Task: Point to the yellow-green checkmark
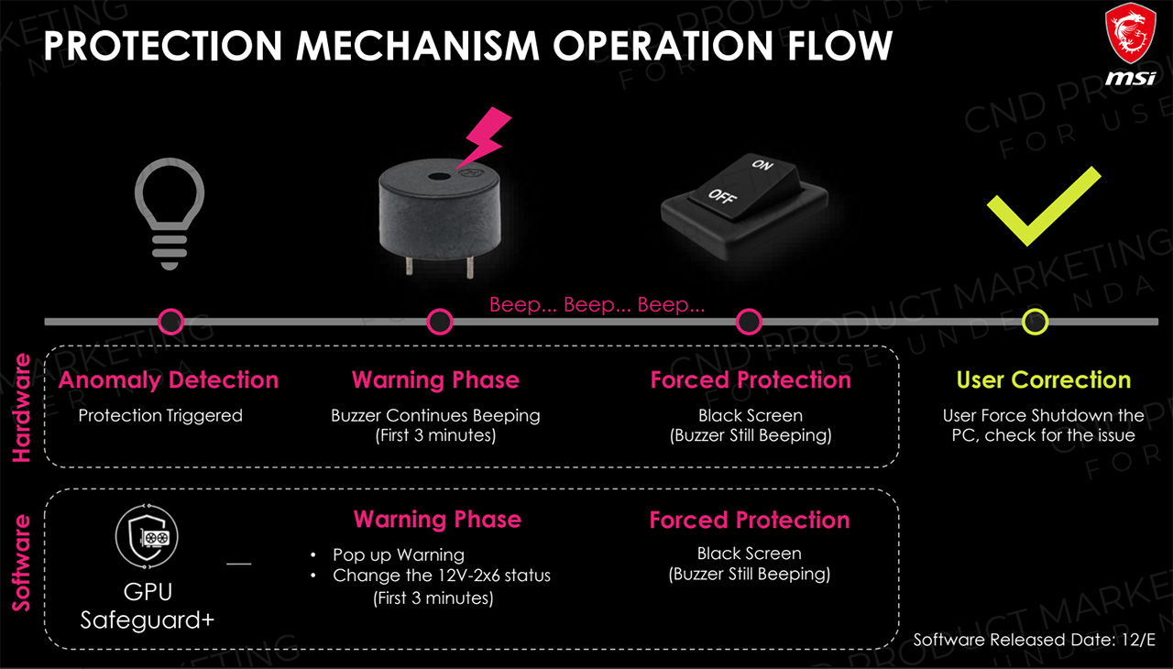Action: point(1042,205)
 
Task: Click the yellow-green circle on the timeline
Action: point(1036,322)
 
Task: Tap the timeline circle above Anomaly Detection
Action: point(171,322)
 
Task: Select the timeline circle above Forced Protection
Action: point(750,322)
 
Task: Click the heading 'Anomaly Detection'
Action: point(169,379)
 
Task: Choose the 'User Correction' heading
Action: point(1043,379)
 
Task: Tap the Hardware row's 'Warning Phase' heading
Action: point(435,379)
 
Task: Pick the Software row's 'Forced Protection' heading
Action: point(750,520)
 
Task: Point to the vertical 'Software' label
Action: point(22,563)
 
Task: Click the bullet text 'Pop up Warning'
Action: point(398,554)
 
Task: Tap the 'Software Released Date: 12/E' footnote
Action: point(1035,640)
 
